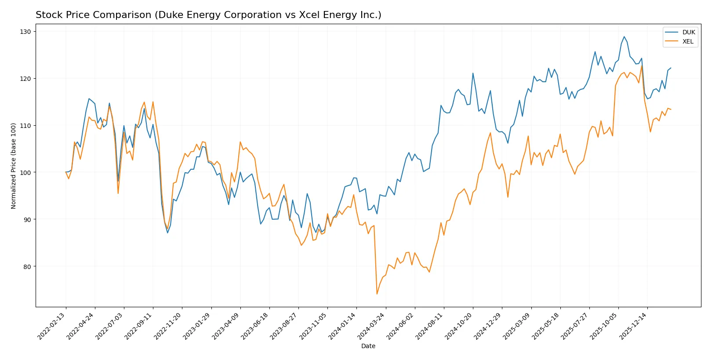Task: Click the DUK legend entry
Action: (688, 32)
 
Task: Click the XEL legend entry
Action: (688, 41)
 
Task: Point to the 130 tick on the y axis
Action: (25, 32)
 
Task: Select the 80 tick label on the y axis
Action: (27, 266)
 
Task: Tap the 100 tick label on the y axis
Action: (25, 172)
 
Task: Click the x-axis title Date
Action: (368, 346)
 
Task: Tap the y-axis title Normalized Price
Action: (14, 166)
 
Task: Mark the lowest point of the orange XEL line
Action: (377, 294)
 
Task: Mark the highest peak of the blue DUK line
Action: (624, 36)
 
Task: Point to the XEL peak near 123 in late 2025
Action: (642, 65)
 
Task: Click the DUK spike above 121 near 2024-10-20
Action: (473, 73)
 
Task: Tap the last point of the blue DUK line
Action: (671, 68)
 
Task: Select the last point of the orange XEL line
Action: (671, 109)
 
